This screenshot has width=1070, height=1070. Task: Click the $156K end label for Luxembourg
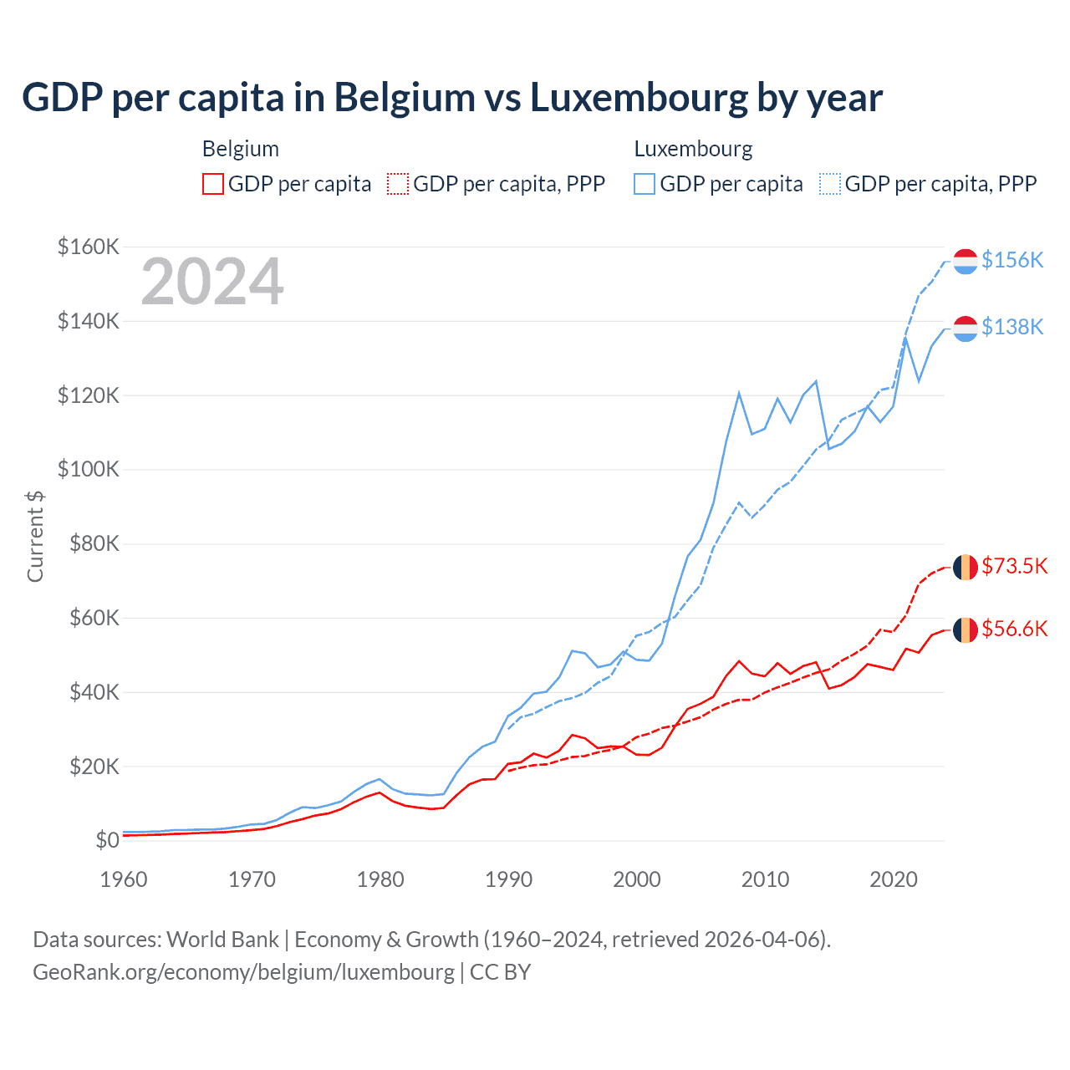[x=1012, y=260]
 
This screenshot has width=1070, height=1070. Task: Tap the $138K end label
[x=1012, y=327]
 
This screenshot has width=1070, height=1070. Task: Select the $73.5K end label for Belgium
[x=1014, y=566]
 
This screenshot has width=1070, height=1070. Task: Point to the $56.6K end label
[x=1014, y=629]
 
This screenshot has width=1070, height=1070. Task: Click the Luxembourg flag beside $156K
[x=966, y=261]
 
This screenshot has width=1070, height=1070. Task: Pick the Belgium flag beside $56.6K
[x=966, y=629]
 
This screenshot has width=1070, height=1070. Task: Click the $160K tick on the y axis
[x=89, y=247]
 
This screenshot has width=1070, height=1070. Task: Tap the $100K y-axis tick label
[x=89, y=469]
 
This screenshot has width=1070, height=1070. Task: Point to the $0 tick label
[x=107, y=840]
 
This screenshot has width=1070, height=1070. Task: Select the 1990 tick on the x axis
[x=508, y=879]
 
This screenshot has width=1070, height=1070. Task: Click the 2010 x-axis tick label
[x=765, y=879]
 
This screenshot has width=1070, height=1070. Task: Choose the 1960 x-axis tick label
[x=124, y=879]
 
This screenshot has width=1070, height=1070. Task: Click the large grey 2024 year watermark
[x=212, y=282]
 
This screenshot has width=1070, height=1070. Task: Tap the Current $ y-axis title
[x=35, y=536]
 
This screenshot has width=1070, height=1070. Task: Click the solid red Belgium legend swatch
[x=213, y=184]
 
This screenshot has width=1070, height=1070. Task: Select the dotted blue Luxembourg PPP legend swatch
[x=830, y=184]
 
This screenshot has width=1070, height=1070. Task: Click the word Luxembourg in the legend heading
[x=693, y=149]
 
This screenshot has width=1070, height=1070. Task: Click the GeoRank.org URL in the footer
[x=243, y=972]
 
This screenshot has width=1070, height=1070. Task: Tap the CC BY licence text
[x=500, y=972]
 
